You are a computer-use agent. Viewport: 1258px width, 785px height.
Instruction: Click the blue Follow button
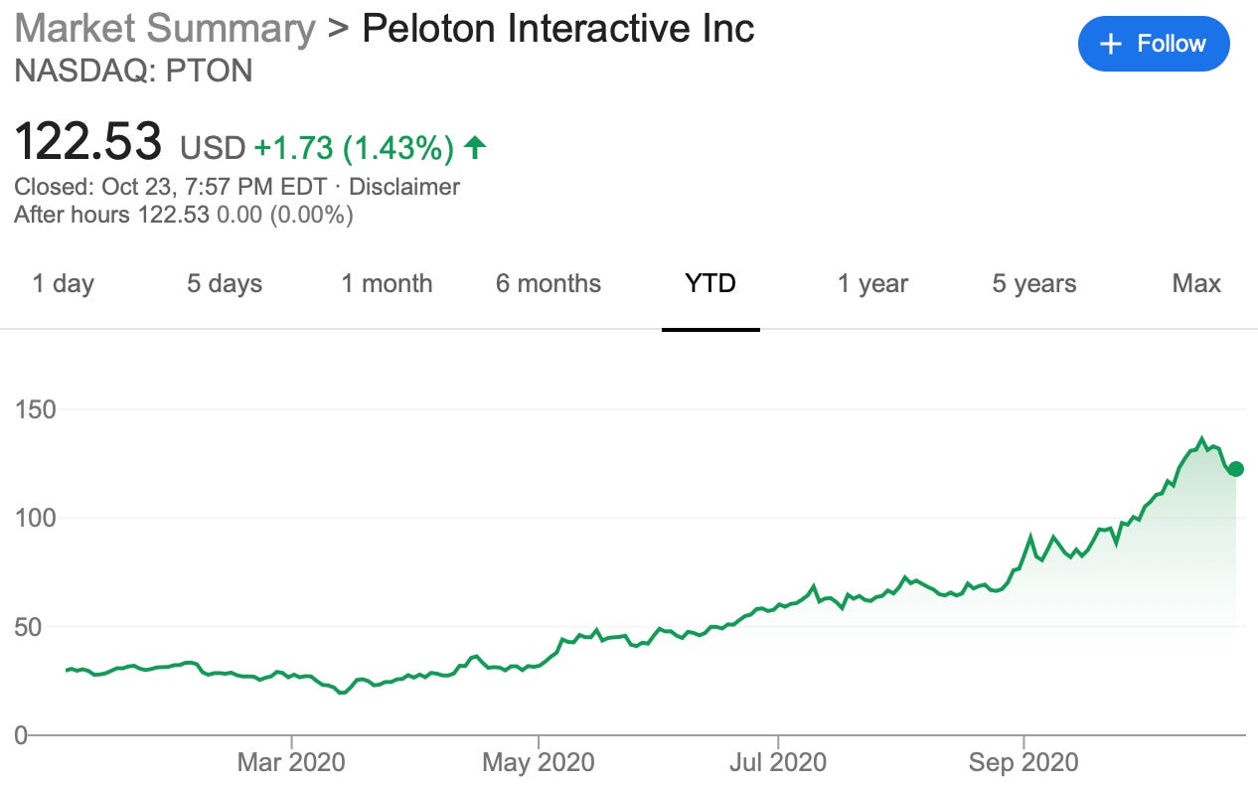pyautogui.click(x=1153, y=44)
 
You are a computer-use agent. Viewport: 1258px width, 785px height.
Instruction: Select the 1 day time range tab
pyautogui.click(x=63, y=283)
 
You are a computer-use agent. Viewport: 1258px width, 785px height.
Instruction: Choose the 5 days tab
pyautogui.click(x=225, y=283)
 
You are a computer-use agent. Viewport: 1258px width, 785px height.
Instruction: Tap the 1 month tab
pyautogui.click(x=387, y=283)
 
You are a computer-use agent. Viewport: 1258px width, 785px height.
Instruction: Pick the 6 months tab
pyautogui.click(x=549, y=283)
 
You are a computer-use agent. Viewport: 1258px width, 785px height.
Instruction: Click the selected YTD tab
pyautogui.click(x=710, y=283)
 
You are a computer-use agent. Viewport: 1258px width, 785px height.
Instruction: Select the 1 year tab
pyautogui.click(x=872, y=283)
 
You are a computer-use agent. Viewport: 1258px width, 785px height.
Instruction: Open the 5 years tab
pyautogui.click(x=1033, y=283)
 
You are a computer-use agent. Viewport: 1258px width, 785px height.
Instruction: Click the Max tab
pyautogui.click(x=1196, y=283)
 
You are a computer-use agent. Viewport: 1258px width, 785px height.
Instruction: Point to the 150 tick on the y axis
pyautogui.click(x=35, y=409)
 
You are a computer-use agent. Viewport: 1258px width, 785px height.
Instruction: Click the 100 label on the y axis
pyautogui.click(x=35, y=519)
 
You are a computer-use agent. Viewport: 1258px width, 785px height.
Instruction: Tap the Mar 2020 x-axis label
pyautogui.click(x=291, y=762)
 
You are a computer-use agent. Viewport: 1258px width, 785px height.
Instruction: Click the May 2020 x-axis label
pyautogui.click(x=538, y=762)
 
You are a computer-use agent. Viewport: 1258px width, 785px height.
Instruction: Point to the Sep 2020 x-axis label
pyautogui.click(x=1022, y=762)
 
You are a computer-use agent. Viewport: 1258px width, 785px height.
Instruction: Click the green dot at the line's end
pyautogui.click(x=1235, y=469)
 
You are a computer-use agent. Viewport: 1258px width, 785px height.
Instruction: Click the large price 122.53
pyautogui.click(x=87, y=142)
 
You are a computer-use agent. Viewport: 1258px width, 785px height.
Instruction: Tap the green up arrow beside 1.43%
pyautogui.click(x=475, y=148)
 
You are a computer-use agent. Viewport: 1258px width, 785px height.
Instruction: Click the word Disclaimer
pyautogui.click(x=404, y=187)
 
